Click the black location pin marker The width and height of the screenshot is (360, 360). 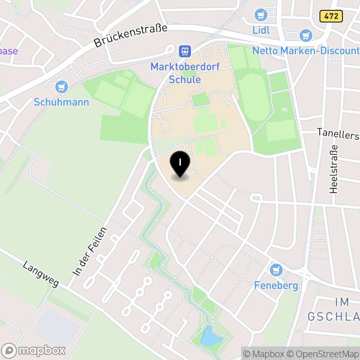coord(180,164)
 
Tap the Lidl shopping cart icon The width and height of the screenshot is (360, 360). coord(261,15)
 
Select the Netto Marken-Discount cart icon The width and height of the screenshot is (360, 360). coord(306,36)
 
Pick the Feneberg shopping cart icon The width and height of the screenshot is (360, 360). coord(276,270)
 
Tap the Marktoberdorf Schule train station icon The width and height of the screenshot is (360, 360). coord(184,51)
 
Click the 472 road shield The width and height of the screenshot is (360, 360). coord(332,17)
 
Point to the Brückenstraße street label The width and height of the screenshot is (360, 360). coord(130,36)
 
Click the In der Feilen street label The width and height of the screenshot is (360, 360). coord(90,252)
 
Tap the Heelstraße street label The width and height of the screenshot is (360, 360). coord(333,169)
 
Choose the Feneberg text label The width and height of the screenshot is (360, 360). coord(276,285)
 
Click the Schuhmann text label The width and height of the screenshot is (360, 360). coord(62,102)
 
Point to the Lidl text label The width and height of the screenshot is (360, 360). coord(261,30)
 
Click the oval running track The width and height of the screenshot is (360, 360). coord(254,97)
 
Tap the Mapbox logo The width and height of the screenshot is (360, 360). coord(34,350)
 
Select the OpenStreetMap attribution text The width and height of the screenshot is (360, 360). coord(322,354)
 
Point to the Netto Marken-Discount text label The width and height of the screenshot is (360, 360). coord(306,50)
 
